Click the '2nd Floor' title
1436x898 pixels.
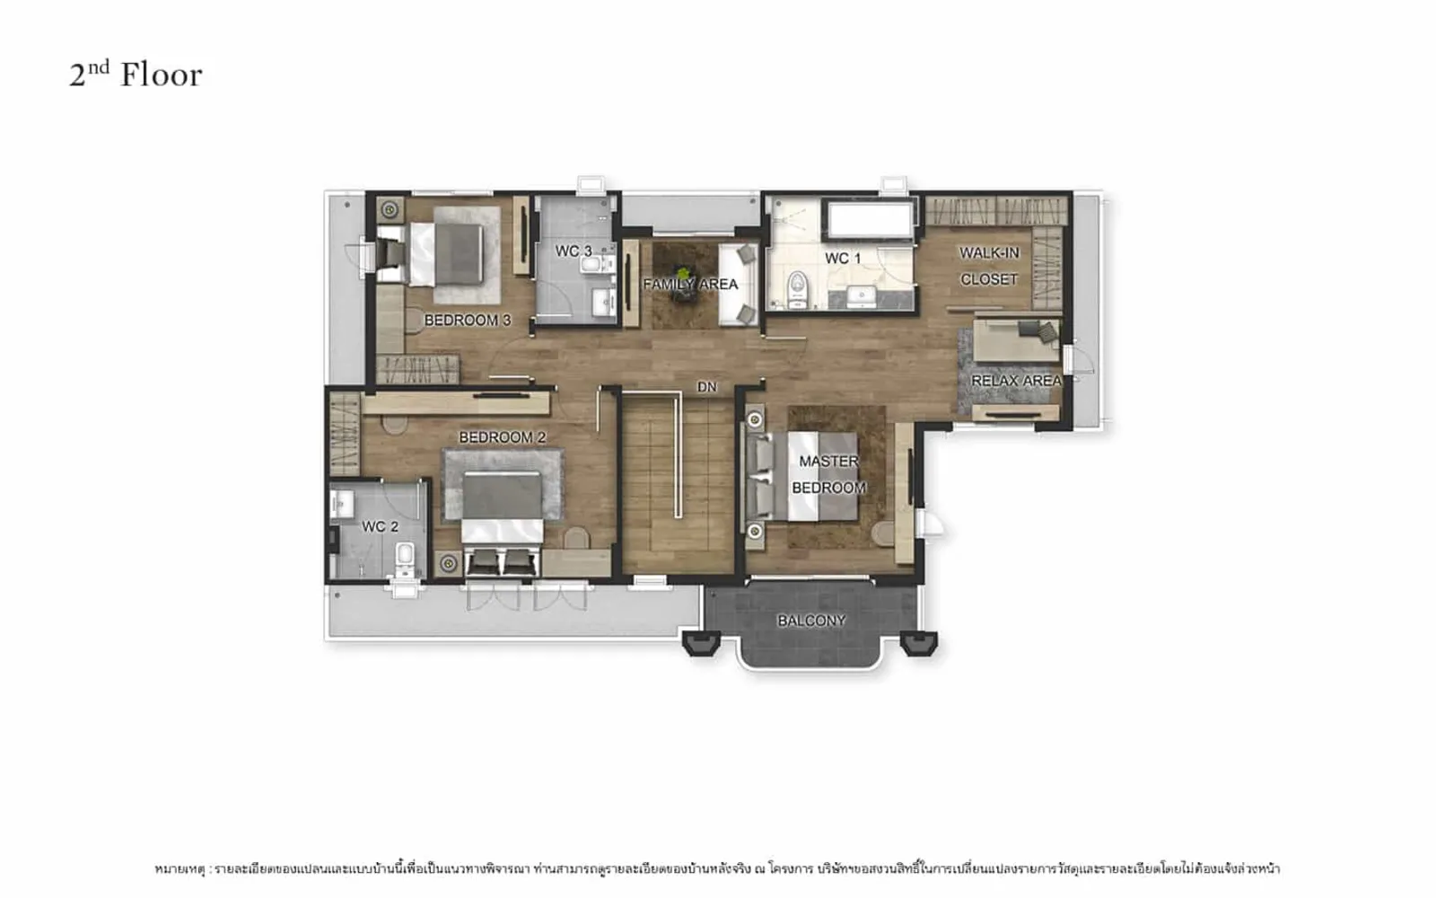pos(136,74)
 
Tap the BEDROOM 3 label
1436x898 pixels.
pos(468,320)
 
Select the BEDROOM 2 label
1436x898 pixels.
pos(502,437)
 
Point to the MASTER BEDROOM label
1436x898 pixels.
pos(828,475)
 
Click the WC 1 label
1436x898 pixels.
pos(843,259)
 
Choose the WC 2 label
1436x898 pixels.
pos(380,526)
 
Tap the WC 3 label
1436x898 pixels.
pos(574,251)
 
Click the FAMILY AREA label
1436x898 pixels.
pos(690,284)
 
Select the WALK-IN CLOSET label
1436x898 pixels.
pos(988,266)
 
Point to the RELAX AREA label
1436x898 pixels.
pos(1016,381)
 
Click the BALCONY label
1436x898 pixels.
pos(811,621)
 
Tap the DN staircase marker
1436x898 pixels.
pos(706,387)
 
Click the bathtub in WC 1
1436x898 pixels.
pos(870,219)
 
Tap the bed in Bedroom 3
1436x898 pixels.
pos(446,254)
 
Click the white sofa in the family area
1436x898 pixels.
pos(738,284)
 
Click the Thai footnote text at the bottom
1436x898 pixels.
pos(717,869)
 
